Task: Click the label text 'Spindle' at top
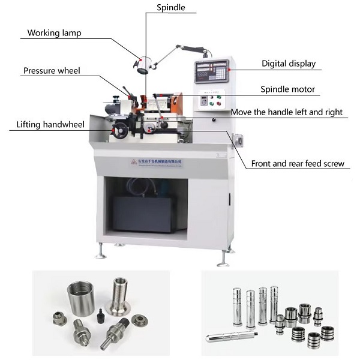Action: point(171,8)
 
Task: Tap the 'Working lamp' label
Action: point(55,33)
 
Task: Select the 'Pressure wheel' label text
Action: point(52,71)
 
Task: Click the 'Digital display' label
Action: point(288,64)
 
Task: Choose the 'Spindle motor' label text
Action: point(287,89)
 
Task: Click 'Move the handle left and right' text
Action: point(287,112)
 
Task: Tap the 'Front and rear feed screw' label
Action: point(301,163)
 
